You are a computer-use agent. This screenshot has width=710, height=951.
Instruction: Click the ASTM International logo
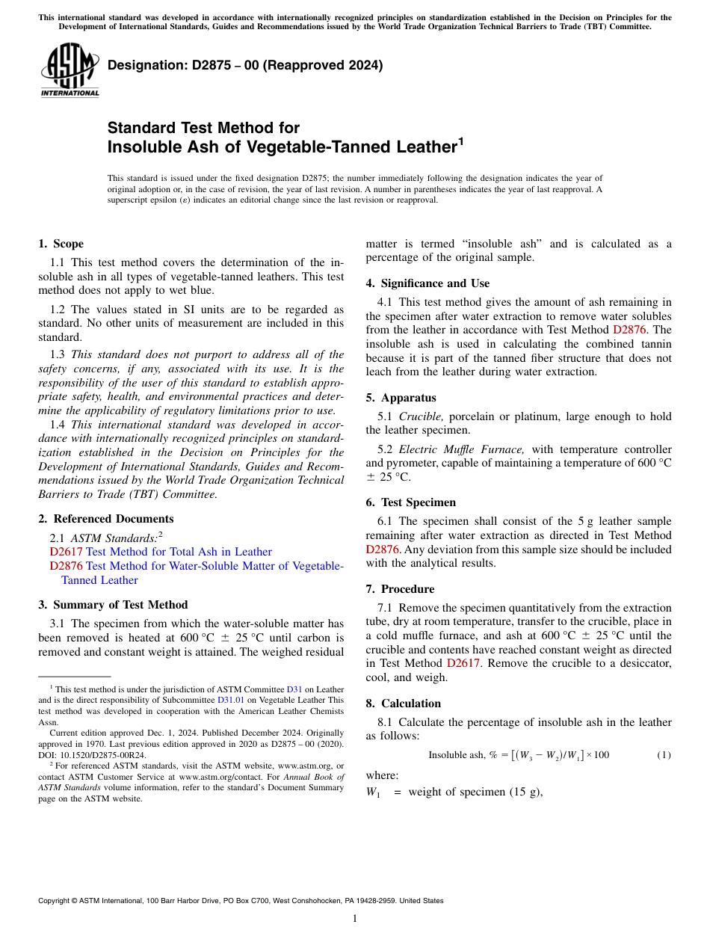(x=70, y=70)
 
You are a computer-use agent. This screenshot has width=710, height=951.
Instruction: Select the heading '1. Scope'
(x=61, y=244)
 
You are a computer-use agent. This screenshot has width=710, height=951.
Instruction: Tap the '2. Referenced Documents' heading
(x=106, y=519)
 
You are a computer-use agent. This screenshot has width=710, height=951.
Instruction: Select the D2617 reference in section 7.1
(x=463, y=663)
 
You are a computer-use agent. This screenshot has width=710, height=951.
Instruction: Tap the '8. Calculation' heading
(x=404, y=704)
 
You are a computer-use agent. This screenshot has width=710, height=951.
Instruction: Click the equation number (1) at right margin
(x=664, y=755)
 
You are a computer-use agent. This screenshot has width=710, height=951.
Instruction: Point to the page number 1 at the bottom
(x=355, y=919)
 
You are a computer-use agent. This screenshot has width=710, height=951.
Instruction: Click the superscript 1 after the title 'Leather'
(x=461, y=140)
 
